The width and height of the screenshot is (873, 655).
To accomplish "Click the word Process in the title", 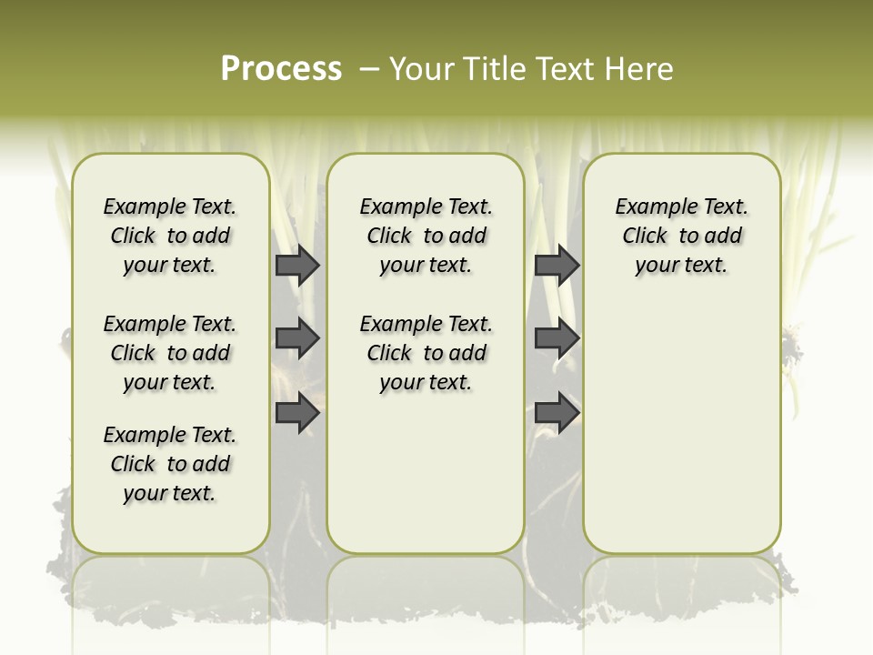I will [281, 68].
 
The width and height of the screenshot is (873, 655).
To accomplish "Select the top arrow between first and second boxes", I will [297, 265].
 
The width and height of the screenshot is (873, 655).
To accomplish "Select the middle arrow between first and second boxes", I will [297, 338].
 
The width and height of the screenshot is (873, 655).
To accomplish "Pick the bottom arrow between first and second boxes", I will [297, 412].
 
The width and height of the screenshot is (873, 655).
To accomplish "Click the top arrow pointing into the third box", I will [557, 265].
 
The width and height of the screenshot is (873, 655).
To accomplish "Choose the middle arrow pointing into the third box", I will [557, 338].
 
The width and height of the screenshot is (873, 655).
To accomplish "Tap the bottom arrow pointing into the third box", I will [557, 412].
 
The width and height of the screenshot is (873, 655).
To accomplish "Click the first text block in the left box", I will [170, 236].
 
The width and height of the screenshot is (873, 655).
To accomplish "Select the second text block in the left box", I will [170, 353].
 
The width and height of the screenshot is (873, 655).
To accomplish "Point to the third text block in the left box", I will [170, 464].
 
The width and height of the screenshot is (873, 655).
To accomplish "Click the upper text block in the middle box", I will [426, 236].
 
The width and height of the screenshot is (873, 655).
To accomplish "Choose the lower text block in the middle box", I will [426, 353].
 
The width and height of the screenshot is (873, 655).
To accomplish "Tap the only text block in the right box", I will [682, 236].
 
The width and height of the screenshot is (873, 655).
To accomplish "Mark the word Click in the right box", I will [645, 237].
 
